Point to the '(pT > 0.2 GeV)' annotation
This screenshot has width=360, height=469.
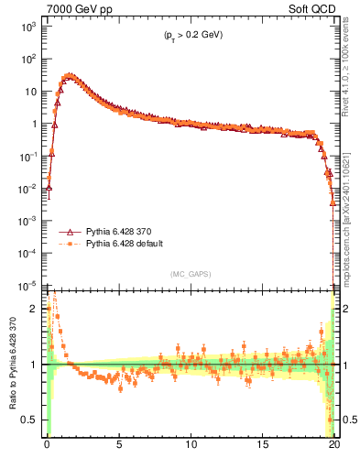188,35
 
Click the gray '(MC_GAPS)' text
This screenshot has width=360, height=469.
190,274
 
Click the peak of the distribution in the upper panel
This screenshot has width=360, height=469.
70,76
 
